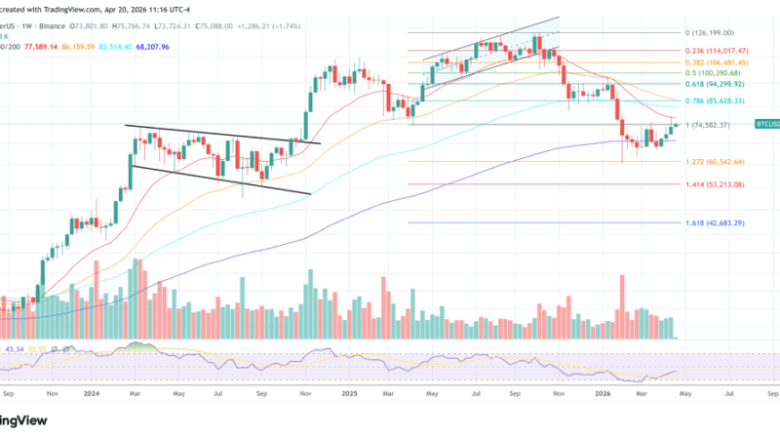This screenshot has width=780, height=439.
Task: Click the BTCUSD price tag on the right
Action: pyautogui.click(x=766, y=125)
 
